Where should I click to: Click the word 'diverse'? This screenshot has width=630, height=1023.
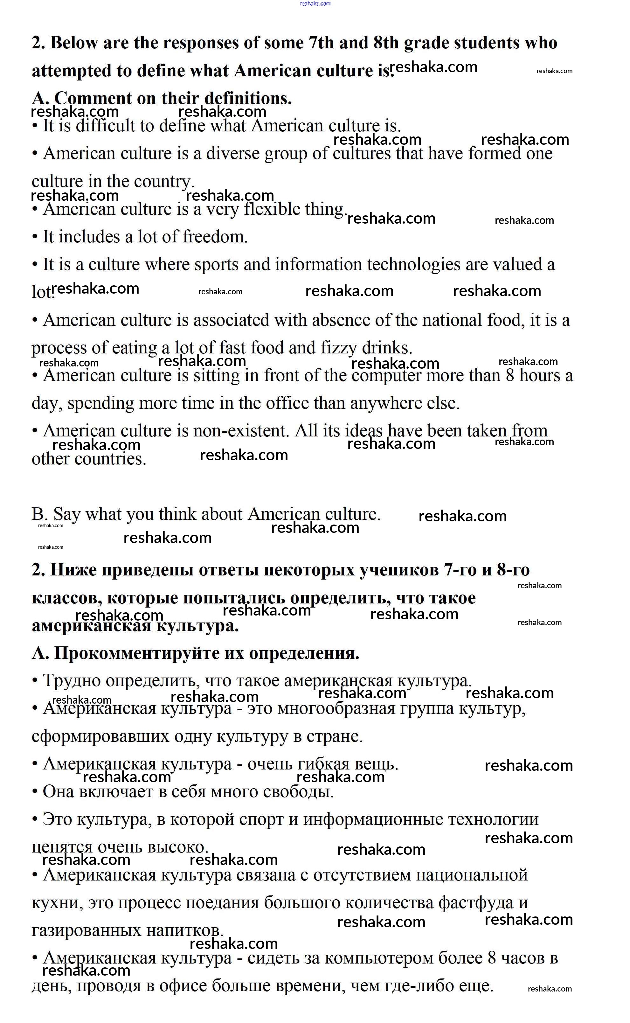coord(232,154)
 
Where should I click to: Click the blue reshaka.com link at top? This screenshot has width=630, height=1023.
coord(315,3)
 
